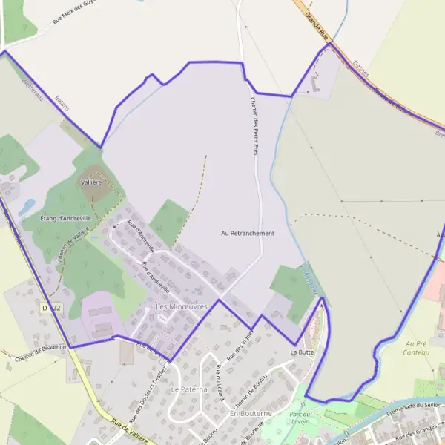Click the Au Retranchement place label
point(248,233)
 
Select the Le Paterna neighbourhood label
point(186,389)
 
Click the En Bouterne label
point(251,413)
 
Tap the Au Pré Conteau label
point(418,348)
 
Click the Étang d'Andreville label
point(65,219)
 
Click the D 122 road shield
point(50,307)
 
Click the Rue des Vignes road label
point(234,348)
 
